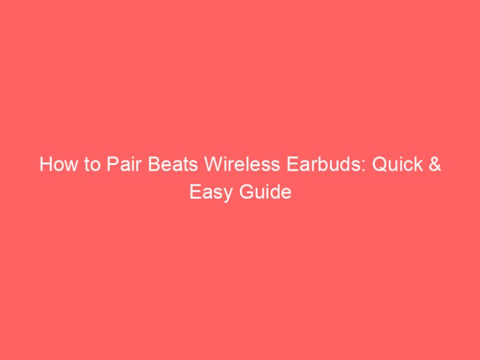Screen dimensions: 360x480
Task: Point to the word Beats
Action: pyautogui.click(x=154, y=166)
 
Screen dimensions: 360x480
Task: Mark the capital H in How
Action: pyautogui.click(x=45, y=166)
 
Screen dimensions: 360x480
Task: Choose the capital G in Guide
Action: pyautogui.click(x=246, y=192)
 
